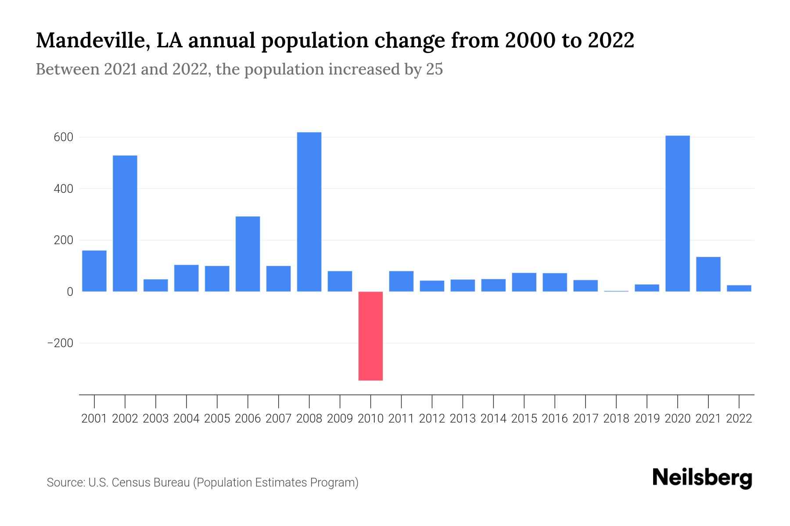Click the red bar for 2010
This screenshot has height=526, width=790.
click(x=370, y=336)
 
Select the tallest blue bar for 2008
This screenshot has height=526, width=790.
click(x=309, y=212)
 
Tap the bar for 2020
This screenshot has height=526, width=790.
click(x=677, y=213)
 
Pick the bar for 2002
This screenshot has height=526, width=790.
click(x=125, y=224)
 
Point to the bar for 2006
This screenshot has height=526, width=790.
click(x=248, y=254)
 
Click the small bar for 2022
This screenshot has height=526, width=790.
click(x=739, y=288)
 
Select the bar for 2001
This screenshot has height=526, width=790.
click(x=94, y=271)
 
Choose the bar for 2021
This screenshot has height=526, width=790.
click(x=708, y=274)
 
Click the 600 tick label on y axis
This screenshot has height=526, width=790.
click(x=64, y=138)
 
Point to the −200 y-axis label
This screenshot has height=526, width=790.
click(x=60, y=343)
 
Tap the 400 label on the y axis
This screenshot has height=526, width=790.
click(x=64, y=189)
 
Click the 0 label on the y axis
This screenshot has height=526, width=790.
click(x=70, y=292)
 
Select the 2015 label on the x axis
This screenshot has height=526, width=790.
click(x=524, y=419)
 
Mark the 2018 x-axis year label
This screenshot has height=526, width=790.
click(x=616, y=419)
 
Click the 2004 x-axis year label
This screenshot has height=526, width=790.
click(x=186, y=419)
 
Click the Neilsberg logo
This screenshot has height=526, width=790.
click(x=702, y=478)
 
